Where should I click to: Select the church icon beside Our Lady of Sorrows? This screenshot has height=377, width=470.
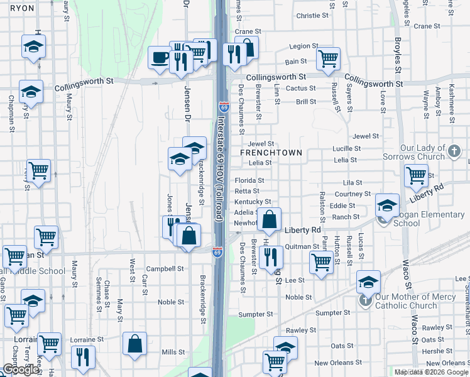click(x=455, y=151)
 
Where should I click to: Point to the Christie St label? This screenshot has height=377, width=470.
click(x=309, y=16)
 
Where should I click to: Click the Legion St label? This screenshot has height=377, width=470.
click(x=304, y=46)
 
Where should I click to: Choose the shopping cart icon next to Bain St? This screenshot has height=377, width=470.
click(x=328, y=58)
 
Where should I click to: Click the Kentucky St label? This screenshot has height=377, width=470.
click(x=252, y=202)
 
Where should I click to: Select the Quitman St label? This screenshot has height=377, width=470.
click(x=302, y=247)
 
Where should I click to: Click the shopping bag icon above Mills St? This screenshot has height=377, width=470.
click(x=134, y=344)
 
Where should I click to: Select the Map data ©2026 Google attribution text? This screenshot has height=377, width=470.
click(x=430, y=372)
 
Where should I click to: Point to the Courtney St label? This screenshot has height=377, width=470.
click(x=348, y=194)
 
